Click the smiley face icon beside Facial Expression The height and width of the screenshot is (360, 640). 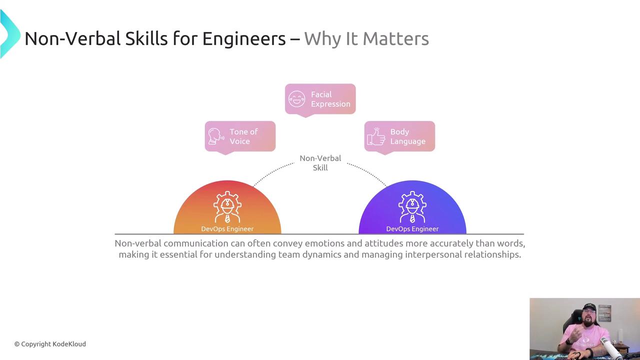296,99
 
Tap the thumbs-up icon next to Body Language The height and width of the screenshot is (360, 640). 375,136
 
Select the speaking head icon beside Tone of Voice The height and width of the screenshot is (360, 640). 216,136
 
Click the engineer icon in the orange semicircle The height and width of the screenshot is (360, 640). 227,207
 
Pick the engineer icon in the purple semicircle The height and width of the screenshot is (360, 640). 412,207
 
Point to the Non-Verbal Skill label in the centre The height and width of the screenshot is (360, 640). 320,163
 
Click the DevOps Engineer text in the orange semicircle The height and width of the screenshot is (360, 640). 227,229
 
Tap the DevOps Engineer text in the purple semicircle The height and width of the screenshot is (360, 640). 412,229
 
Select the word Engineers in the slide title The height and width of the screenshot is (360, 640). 244,38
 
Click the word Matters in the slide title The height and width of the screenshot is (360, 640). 395,38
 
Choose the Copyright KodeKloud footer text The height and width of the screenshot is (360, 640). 50,344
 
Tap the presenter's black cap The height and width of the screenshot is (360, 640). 589,307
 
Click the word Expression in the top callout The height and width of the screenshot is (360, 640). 330,104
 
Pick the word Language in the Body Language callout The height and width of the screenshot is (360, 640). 407,141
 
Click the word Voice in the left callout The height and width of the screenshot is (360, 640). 239,141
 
